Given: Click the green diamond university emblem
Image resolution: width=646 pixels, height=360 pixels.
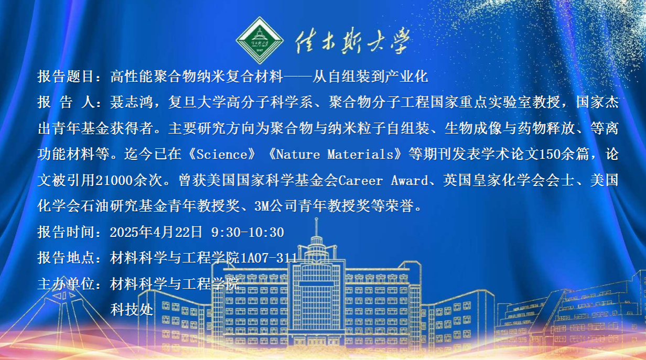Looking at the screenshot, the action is tap(260, 40).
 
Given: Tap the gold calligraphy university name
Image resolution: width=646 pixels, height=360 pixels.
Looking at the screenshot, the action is tap(353, 41).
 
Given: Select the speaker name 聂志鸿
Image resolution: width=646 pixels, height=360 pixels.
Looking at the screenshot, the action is tap(131, 102).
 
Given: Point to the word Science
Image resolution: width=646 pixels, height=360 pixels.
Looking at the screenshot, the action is tap(222, 155).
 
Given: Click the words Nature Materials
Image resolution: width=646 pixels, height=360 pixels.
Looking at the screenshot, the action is tap(335, 155).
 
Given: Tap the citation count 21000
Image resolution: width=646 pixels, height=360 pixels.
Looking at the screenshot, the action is tap(114, 180).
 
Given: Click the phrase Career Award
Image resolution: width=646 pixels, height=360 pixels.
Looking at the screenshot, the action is tap(383, 180).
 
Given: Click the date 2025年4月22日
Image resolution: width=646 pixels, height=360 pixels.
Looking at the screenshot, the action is tap(156, 232).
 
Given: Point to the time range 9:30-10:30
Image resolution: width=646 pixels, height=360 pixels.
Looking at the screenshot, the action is tap(247, 232).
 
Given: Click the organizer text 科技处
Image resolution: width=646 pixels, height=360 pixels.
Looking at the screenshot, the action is tap(132, 310).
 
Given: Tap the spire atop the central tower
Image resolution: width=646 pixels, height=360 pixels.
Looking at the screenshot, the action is tap(316, 227).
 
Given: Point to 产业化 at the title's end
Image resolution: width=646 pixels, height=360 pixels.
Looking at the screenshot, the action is tap(407, 77).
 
